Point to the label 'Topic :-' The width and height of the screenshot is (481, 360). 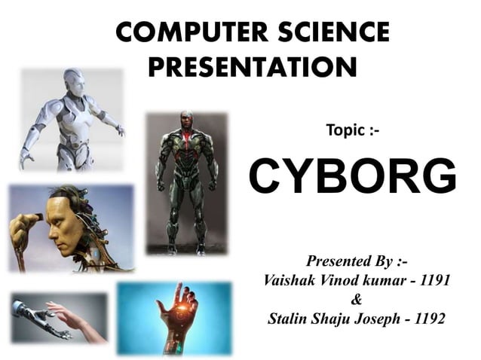(352, 131)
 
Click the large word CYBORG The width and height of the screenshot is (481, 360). (353, 177)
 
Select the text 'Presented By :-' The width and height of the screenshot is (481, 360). (357, 262)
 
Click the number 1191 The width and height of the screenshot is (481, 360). (435, 280)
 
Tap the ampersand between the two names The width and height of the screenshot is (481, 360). (357, 300)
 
